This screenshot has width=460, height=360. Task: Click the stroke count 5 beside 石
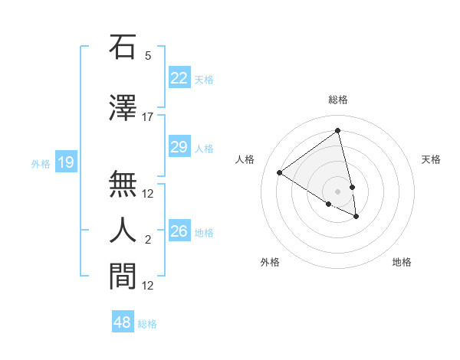tap(148, 56)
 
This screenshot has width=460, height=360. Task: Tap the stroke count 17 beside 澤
tap(148, 117)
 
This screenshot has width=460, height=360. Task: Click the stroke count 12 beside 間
tap(148, 286)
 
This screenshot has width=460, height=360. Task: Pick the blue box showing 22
tap(179, 78)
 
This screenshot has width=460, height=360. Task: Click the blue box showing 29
tap(179, 147)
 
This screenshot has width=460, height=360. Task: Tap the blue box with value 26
tap(179, 231)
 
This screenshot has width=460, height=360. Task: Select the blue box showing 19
tap(65, 162)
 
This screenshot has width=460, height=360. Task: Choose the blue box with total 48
tap(123, 322)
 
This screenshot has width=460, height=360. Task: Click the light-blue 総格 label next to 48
tap(147, 324)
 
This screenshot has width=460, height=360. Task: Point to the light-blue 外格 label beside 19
tap(41, 163)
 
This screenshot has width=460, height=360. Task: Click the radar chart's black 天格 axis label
tap(431, 159)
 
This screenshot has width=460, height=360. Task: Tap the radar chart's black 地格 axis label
tap(402, 262)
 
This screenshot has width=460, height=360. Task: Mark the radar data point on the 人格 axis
tap(280, 173)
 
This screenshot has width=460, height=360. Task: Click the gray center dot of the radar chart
tap(337, 191)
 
